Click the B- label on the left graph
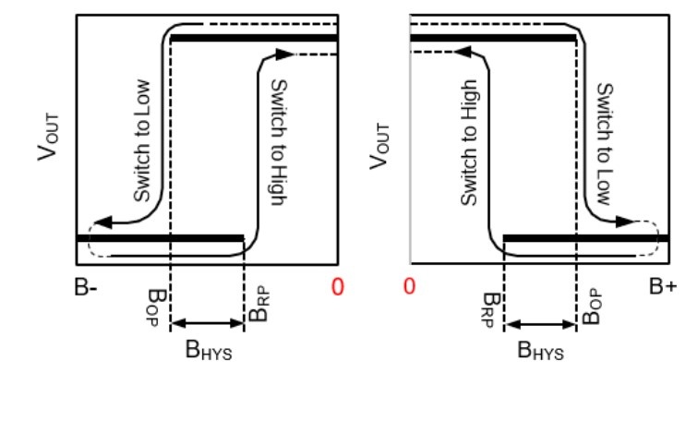pyautogui.click(x=86, y=287)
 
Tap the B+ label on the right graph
pyautogui.click(x=663, y=286)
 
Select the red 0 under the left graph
pyautogui.click(x=338, y=287)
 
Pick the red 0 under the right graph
pyautogui.click(x=409, y=286)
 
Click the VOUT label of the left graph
pyautogui.click(x=48, y=137)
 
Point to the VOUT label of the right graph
pyautogui.click(x=379, y=147)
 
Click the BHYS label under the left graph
pyautogui.click(x=209, y=350)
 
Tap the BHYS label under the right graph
pyautogui.click(x=540, y=350)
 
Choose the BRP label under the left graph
pyautogui.click(x=259, y=305)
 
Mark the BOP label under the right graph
pyautogui.click(x=592, y=307)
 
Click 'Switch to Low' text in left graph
pyautogui.click(x=142, y=140)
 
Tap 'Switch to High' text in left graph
pyautogui.click(x=279, y=142)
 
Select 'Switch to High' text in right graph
pyautogui.click(x=469, y=143)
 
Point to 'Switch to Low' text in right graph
pyautogui.click(x=605, y=144)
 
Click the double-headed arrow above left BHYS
pyautogui.click(x=208, y=323)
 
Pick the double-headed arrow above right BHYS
pyautogui.click(x=540, y=324)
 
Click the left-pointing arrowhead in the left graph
pyautogui.click(x=103, y=223)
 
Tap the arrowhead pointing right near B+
pyautogui.click(x=624, y=222)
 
